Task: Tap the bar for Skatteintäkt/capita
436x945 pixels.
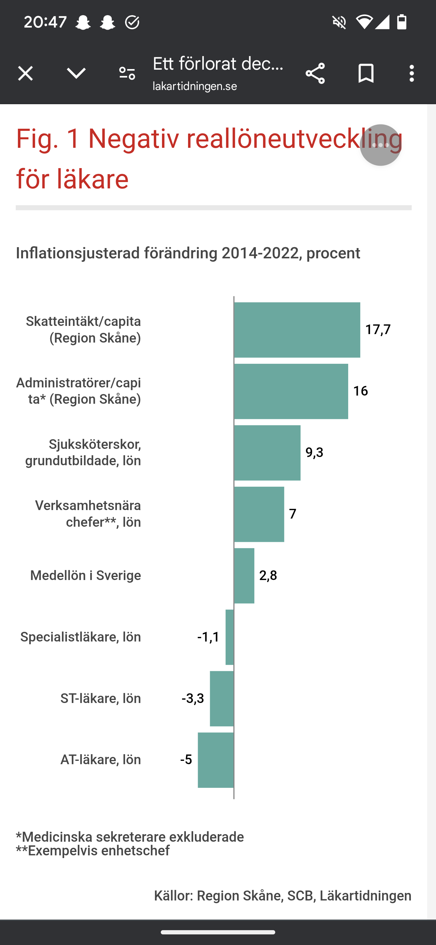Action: click(x=297, y=330)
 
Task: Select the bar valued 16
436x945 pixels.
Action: click(x=291, y=391)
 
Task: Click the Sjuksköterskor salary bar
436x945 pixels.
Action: click(x=267, y=453)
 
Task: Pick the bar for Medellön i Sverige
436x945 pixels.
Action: click(x=244, y=575)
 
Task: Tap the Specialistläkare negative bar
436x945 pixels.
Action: click(x=230, y=637)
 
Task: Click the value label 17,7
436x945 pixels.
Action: click(x=378, y=330)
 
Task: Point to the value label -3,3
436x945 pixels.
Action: click(x=193, y=698)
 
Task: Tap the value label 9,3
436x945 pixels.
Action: click(x=314, y=452)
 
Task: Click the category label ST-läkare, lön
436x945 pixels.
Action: click(x=101, y=698)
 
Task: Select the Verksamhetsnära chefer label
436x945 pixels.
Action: click(x=88, y=514)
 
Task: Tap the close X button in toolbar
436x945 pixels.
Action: click(x=25, y=73)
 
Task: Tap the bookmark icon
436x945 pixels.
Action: click(x=365, y=73)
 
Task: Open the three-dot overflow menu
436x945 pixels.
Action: click(x=411, y=73)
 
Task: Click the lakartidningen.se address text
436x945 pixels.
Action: click(x=195, y=87)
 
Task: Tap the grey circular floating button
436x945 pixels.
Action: click(x=380, y=145)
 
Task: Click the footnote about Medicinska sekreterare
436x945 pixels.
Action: click(x=130, y=837)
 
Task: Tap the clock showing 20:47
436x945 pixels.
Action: click(x=45, y=22)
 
